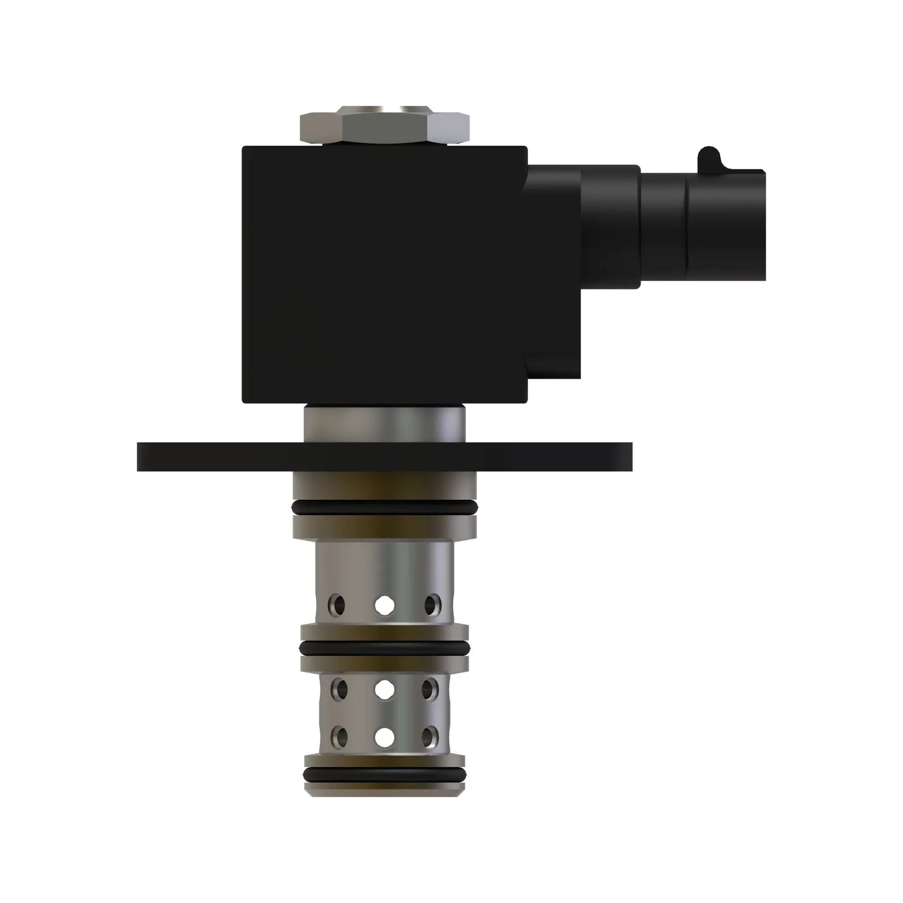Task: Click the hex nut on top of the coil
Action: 384,127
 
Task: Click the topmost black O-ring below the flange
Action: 384,507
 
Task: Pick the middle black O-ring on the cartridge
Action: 384,648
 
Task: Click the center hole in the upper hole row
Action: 384,605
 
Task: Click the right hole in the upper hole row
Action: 433,605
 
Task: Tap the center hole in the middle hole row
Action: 384,690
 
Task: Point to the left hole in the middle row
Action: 339,690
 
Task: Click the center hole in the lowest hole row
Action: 384,738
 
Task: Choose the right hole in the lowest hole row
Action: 430,738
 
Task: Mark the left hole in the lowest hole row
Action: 339,738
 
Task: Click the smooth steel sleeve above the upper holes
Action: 384,566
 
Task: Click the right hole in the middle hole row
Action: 430,690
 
